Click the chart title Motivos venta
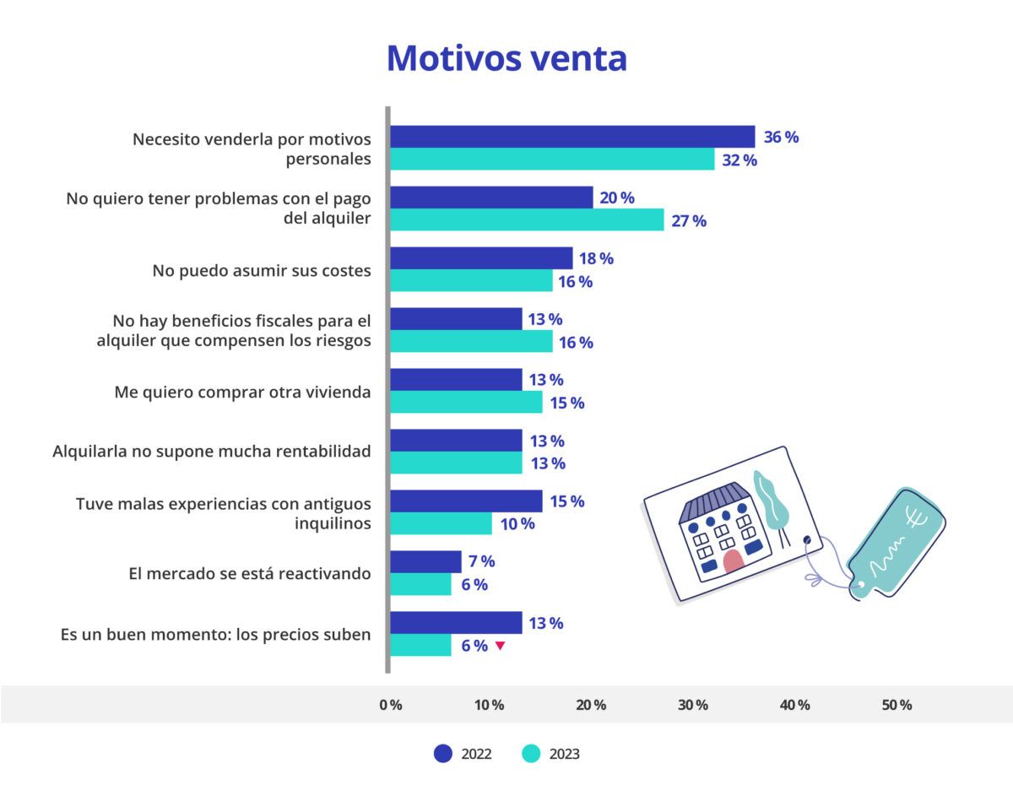(506, 58)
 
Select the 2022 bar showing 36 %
(572, 137)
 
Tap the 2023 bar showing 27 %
(527, 220)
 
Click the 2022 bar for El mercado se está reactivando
(425, 561)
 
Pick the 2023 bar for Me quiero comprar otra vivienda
(466, 403)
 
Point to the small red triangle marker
(500, 646)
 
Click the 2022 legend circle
(443, 754)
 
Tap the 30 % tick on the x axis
(693, 705)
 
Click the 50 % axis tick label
(897, 705)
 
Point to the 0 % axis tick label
(390, 705)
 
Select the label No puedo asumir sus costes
(262, 271)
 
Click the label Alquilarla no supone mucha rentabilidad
(212, 452)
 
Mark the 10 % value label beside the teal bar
(517, 524)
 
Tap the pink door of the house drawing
(733, 562)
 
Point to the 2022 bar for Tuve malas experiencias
(466, 501)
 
